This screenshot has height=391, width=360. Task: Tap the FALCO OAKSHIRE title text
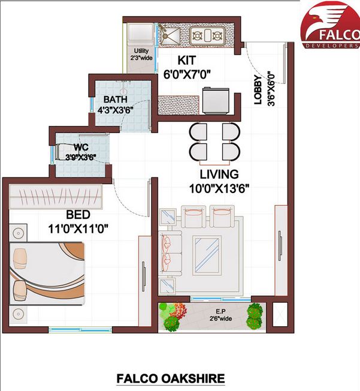tap(170, 378)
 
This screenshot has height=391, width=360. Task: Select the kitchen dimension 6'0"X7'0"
tap(187, 75)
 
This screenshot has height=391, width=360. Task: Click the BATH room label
tap(115, 99)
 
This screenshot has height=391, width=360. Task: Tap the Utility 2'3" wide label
tap(141, 54)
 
